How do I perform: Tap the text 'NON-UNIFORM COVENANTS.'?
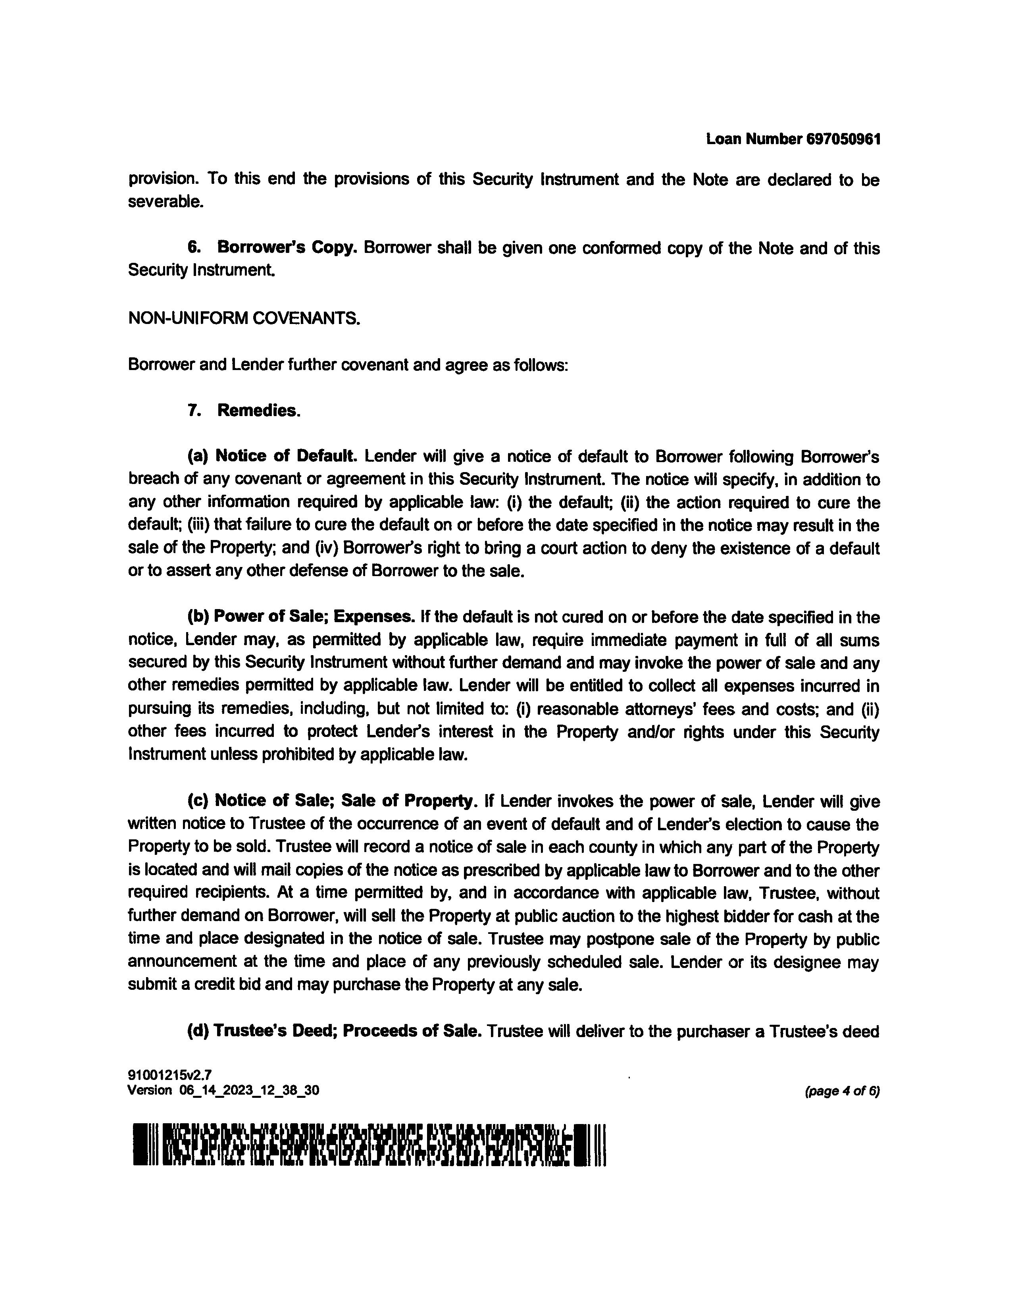point(244,318)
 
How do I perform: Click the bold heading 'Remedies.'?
point(259,411)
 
